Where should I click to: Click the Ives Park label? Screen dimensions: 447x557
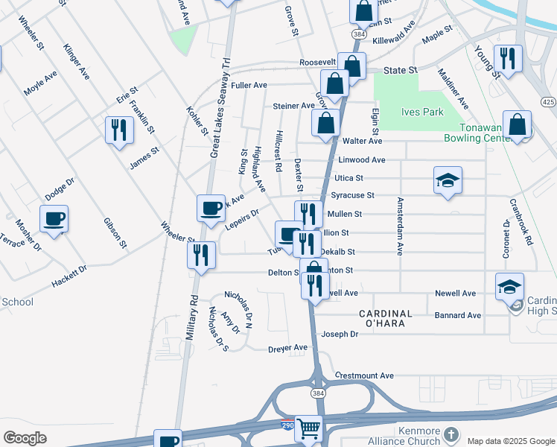422,112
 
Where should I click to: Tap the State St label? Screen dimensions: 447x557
401,70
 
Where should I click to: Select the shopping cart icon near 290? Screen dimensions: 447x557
309,429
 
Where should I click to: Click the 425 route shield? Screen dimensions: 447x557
548,101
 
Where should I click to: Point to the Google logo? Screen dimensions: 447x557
24,438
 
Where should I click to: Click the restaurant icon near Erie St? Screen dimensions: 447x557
119,130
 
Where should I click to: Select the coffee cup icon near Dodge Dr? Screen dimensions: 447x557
54,219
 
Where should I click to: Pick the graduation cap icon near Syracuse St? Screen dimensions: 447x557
448,180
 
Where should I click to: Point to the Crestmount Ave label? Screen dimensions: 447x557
364,375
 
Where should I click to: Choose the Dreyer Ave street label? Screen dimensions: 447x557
287,348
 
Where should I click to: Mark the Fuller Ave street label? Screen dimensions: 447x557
249,86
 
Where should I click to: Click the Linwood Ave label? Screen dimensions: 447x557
362,160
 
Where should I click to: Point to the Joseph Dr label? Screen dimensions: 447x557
340,335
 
